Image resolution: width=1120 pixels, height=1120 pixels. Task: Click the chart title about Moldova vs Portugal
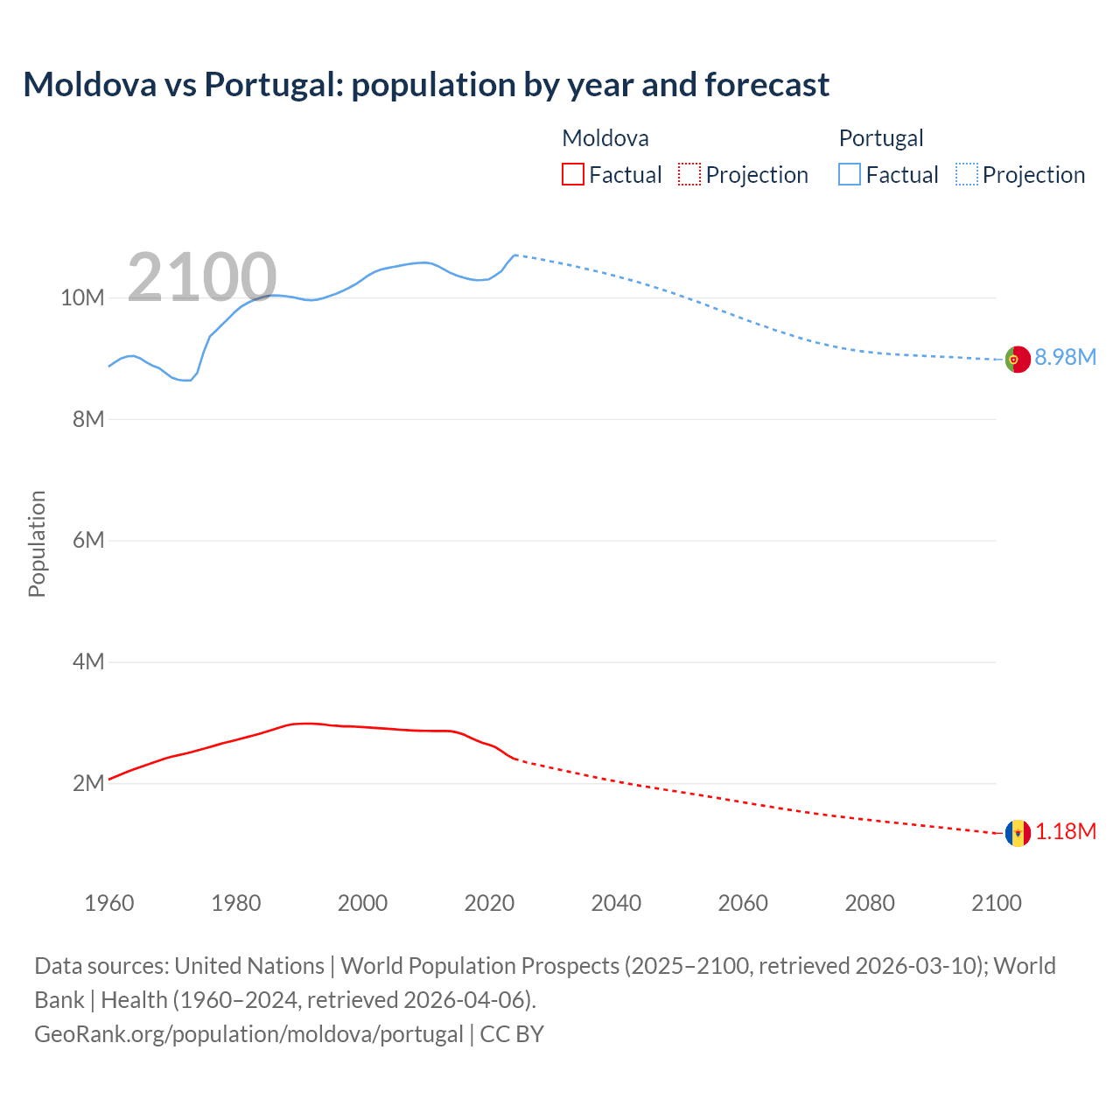[426, 85]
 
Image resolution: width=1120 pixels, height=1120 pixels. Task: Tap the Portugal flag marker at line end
[1018, 359]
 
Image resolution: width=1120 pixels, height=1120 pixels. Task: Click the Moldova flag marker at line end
[1018, 833]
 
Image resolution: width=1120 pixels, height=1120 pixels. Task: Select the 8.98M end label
[1065, 357]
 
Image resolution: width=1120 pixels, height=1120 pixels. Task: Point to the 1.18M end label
[1065, 831]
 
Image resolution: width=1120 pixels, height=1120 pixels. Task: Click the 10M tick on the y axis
[82, 298]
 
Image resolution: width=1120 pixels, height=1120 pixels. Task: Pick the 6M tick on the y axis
[88, 541]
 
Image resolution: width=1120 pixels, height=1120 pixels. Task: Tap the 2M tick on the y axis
[88, 783]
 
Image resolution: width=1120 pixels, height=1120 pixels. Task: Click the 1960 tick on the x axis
[109, 903]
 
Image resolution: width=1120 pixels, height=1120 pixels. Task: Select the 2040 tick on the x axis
[616, 903]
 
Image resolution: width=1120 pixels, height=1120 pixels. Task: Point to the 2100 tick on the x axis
[996, 903]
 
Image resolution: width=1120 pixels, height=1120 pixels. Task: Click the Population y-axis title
[37, 543]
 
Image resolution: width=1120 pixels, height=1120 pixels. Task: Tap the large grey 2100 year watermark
[202, 278]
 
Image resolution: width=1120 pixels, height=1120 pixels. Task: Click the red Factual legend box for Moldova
[573, 174]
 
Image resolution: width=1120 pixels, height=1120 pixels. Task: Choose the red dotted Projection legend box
[689, 174]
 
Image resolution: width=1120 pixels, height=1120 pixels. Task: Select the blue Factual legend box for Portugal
[850, 174]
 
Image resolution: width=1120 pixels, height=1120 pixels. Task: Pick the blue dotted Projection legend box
[966, 174]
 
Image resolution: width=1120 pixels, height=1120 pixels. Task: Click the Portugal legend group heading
[880, 138]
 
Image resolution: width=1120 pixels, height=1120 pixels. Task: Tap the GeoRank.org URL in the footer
[248, 1034]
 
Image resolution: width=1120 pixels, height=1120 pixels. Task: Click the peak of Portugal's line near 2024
[515, 255]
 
